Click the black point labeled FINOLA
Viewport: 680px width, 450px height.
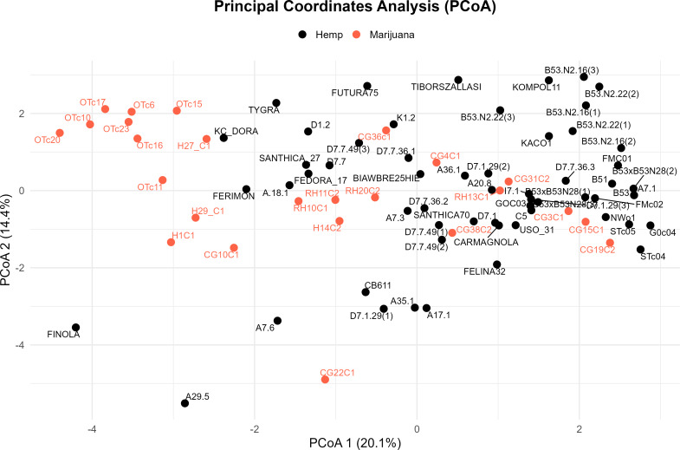pyautogui.click(x=76, y=328)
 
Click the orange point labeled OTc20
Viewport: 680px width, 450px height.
pyautogui.click(x=60, y=133)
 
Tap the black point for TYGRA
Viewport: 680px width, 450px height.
pyautogui.click(x=276, y=103)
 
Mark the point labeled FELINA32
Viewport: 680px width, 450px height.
pyautogui.click(x=497, y=264)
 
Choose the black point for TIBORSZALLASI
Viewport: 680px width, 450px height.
pyautogui.click(x=458, y=80)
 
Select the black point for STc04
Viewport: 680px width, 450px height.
pyautogui.click(x=640, y=250)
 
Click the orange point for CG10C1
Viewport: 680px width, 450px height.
pyautogui.click(x=234, y=248)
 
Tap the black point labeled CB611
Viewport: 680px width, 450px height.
pyautogui.click(x=366, y=291)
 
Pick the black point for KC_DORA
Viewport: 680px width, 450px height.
pyautogui.click(x=223, y=138)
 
